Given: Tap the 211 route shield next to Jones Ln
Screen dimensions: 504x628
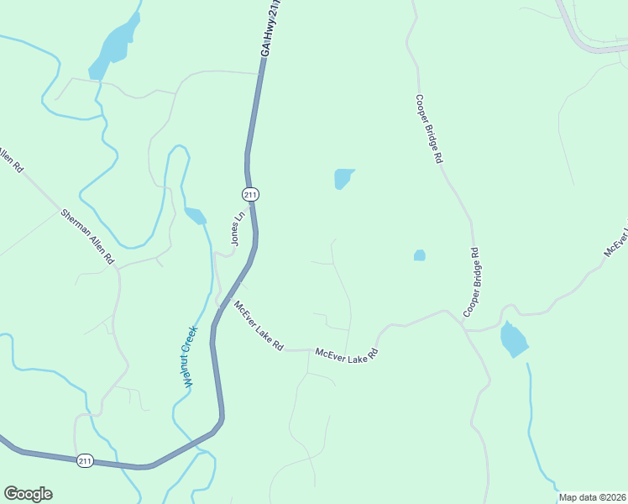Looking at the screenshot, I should [x=250, y=195].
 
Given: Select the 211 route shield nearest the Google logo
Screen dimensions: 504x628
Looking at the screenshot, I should [x=85, y=461].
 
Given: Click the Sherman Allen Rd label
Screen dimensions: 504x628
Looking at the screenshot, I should [x=87, y=238].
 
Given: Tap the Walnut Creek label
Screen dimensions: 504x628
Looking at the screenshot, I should [x=190, y=355].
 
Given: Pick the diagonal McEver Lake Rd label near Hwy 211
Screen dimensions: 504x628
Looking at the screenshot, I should [x=259, y=326].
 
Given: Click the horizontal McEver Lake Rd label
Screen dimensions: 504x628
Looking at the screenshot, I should [x=347, y=354].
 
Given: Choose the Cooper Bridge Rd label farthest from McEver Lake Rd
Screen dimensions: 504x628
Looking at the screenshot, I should [x=427, y=128].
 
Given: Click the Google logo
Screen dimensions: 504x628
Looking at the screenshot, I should [x=28, y=494].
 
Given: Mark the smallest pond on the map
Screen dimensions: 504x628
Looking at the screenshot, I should [x=419, y=255].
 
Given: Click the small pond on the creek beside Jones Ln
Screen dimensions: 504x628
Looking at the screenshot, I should [x=196, y=216].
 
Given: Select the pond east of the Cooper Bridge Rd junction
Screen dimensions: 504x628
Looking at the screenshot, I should [x=513, y=339].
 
